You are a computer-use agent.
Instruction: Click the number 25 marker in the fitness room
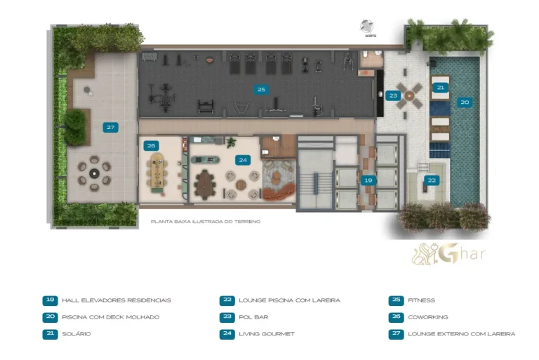click(261, 90)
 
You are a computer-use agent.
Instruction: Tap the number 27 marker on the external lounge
click(110, 128)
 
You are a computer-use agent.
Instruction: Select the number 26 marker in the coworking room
click(151, 146)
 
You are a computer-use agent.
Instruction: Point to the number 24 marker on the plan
click(243, 160)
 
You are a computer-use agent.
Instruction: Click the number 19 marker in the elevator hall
click(368, 180)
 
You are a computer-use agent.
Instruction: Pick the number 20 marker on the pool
click(465, 102)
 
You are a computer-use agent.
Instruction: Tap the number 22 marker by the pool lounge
click(432, 180)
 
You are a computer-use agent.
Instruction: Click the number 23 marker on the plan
click(393, 95)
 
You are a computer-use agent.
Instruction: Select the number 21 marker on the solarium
click(440, 88)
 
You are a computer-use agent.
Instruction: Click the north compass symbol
click(367, 27)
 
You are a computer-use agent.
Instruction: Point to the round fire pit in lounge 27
click(94, 173)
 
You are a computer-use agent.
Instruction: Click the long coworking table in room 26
click(157, 171)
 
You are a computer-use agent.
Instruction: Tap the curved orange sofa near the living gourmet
click(279, 192)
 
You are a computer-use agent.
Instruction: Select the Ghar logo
click(449, 254)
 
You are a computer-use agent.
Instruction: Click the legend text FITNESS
click(421, 300)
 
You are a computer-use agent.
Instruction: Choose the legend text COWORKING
click(428, 317)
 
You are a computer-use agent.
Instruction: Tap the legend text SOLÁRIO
click(76, 334)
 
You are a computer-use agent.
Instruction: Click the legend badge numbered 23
click(227, 317)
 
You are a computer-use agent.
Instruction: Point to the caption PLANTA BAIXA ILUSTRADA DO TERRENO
click(206, 222)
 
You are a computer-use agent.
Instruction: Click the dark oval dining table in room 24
click(206, 185)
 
